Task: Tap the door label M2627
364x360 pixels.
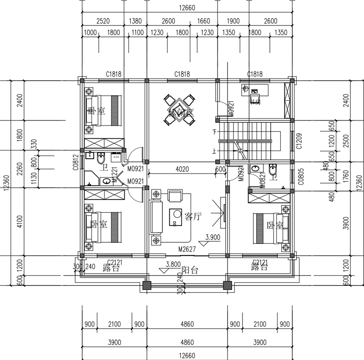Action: [x=187, y=250]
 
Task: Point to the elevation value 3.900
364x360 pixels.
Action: [x=213, y=237]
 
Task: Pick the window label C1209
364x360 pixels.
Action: [x=299, y=141]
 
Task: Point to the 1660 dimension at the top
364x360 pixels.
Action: [x=203, y=21]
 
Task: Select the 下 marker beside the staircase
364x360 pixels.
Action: [x=214, y=132]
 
